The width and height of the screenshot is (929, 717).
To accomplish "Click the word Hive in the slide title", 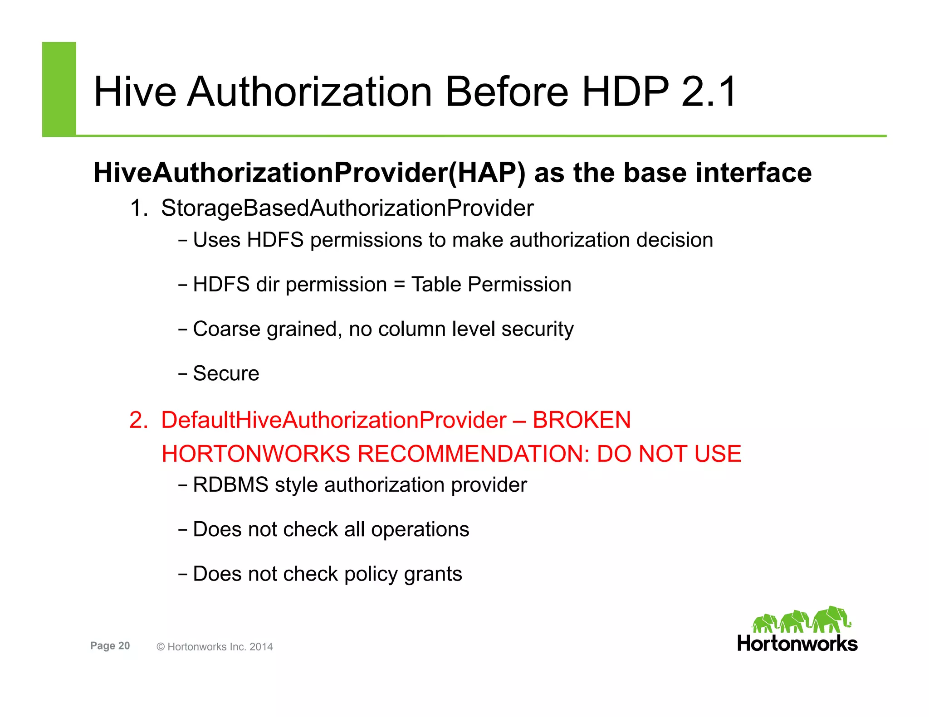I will point(135,92).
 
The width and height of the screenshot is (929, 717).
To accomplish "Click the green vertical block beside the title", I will point(59,89).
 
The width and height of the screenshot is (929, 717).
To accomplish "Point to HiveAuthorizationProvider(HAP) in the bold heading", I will point(309,173).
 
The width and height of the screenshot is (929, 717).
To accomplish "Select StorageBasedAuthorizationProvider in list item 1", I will point(347,208).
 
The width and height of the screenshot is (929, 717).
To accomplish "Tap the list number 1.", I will point(138,208).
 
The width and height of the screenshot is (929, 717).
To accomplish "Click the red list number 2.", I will point(138,420).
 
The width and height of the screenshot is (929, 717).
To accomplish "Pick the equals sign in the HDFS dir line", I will point(399,285).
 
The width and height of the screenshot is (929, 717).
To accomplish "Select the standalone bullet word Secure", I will point(226,373).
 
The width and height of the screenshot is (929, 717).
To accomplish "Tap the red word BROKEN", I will point(582,420).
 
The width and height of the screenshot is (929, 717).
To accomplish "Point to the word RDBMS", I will point(230,485).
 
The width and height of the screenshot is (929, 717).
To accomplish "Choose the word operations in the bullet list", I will point(420,529).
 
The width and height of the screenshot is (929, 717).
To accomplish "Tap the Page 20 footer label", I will point(110,646).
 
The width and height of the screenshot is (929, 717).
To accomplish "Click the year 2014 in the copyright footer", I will point(261,647).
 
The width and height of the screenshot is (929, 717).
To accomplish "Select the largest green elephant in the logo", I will point(831,619).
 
